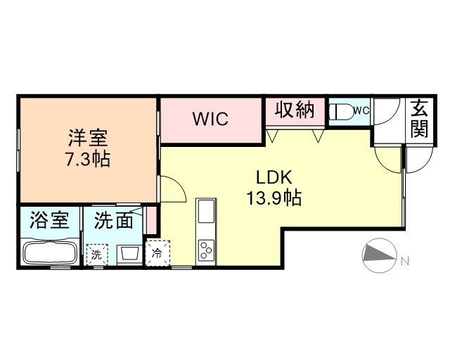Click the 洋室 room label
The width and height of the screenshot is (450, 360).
point(88,138)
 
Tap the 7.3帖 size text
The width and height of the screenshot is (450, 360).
point(88,159)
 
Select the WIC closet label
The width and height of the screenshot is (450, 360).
point(211,119)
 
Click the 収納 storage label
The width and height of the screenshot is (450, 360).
point(295,110)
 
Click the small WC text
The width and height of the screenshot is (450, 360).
point(362,110)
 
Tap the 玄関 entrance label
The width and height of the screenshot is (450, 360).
point(419,118)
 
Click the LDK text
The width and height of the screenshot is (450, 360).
point(274,177)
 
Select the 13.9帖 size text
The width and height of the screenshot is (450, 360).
point(274,198)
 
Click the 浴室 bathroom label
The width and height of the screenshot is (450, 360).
point(49,220)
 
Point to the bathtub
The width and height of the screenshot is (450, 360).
point(50,253)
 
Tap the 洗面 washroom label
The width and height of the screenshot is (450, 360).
point(114,220)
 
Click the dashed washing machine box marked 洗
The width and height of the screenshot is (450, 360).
point(97,255)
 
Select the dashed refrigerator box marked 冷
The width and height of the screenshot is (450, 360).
point(157,253)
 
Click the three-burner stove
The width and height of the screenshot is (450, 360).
point(206,250)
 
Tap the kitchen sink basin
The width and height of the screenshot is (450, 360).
point(206,211)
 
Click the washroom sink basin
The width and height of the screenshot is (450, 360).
point(130,253)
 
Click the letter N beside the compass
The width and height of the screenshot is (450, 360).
point(404,261)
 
